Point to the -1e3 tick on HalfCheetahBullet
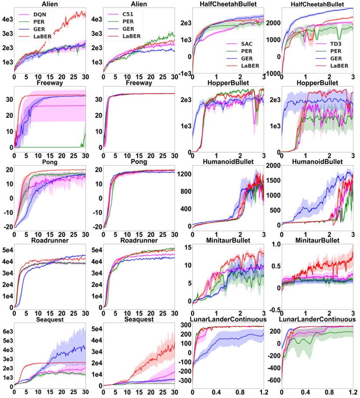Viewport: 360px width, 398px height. click(x=184, y=73)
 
